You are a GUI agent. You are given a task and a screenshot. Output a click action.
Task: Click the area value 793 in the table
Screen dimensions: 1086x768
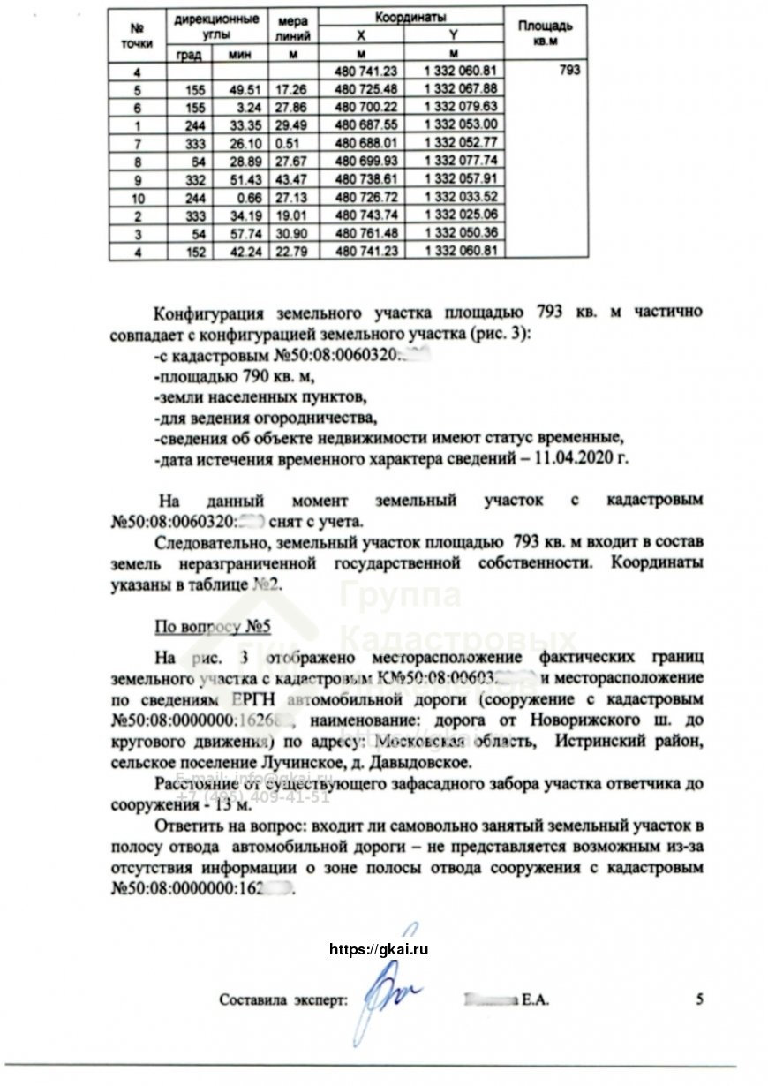coord(569,71)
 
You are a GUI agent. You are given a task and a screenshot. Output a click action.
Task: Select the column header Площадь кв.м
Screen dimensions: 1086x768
coord(546,34)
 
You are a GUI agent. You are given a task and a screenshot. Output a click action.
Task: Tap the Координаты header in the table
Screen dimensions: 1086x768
coord(410,18)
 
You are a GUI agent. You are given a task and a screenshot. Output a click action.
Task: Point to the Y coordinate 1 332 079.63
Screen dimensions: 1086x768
coord(461,106)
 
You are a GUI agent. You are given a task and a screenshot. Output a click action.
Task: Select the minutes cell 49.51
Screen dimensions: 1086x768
coord(237,89)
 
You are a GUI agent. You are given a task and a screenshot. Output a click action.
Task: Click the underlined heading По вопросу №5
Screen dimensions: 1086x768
coord(212,626)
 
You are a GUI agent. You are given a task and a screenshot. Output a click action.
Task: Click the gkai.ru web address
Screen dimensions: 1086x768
coord(378,950)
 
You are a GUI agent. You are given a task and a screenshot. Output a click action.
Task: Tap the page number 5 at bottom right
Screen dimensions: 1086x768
coord(700,999)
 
